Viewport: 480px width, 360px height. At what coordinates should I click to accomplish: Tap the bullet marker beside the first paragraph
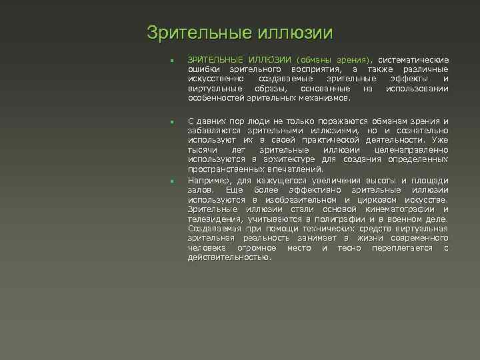click(171, 62)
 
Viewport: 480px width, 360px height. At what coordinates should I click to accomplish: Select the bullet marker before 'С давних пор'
click(171, 123)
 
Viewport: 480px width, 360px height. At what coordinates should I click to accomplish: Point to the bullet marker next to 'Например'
click(171, 181)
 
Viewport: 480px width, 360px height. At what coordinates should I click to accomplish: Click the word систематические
click(414, 60)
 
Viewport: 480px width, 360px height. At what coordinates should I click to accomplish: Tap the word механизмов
click(325, 97)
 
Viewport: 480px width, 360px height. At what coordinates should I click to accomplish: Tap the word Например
click(209, 180)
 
